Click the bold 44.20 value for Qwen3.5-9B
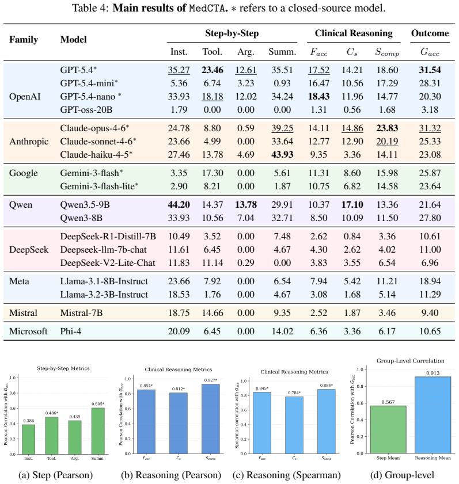click(x=179, y=205)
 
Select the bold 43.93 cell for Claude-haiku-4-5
click(x=282, y=154)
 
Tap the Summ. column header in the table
click(x=282, y=52)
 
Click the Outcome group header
click(x=430, y=33)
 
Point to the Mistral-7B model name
click(x=81, y=312)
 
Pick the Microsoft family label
click(x=28, y=331)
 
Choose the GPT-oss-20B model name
click(x=86, y=109)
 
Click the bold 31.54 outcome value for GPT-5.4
click(x=430, y=70)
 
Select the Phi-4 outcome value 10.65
click(x=430, y=331)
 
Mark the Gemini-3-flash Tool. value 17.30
click(x=212, y=173)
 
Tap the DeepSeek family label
click(x=29, y=249)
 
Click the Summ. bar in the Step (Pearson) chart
click(x=98, y=431)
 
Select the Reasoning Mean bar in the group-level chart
click(x=433, y=415)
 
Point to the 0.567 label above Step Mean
click(x=388, y=402)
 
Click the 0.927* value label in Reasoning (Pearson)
click(x=211, y=380)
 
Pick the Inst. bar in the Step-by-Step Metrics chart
click(x=28, y=439)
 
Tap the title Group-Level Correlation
click(x=410, y=361)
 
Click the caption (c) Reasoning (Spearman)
click(x=287, y=475)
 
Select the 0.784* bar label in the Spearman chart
click(x=294, y=392)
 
